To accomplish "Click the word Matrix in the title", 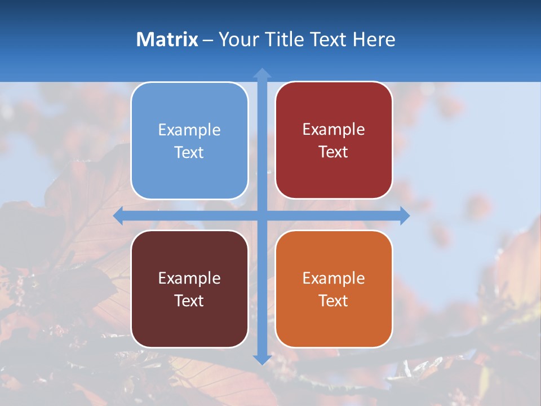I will pos(167,39).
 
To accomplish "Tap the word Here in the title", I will pos(374,39).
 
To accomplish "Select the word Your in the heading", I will pos(239,39).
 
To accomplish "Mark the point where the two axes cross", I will pos(262,215).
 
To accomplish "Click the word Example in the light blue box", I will pos(189,130).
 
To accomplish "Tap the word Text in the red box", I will pos(334,152).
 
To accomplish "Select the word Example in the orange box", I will pos(334,278).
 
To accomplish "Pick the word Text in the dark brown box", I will pos(189,301).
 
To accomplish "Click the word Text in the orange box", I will pos(334,301).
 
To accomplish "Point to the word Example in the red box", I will pos(334,130).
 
